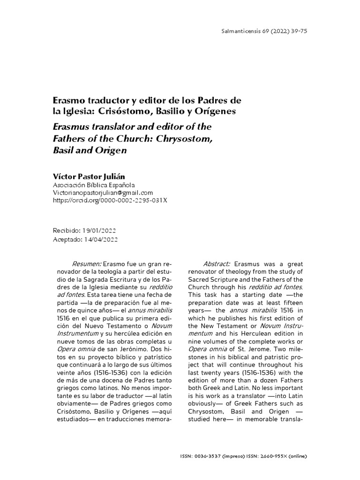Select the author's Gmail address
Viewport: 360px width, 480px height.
point(104,193)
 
